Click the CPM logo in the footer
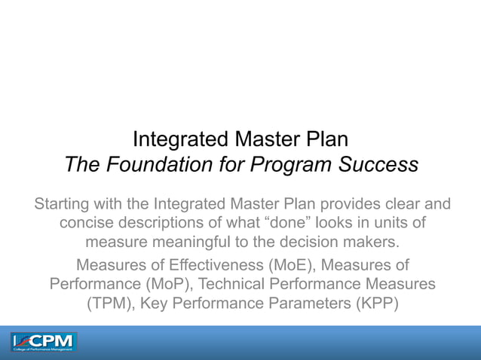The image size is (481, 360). [44, 343]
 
